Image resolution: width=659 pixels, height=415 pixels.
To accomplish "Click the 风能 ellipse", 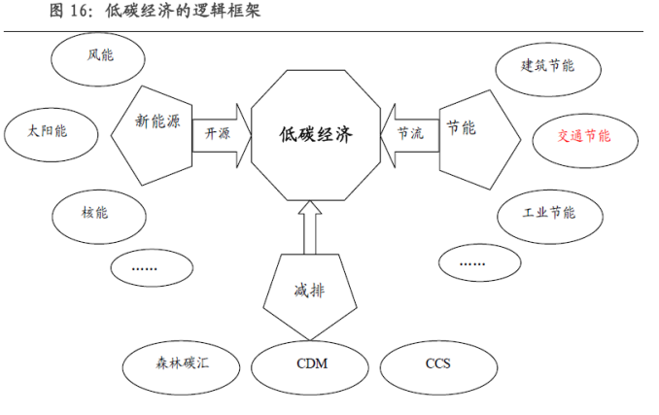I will (99, 56).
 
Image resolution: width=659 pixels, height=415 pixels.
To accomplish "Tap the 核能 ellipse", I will (95, 209).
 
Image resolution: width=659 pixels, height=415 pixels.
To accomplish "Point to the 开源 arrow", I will (219, 133).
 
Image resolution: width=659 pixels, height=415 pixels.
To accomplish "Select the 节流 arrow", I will (409, 133).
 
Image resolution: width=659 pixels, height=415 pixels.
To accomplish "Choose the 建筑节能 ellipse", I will (548, 66).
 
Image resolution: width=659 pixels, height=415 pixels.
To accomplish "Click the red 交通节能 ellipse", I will (584, 137).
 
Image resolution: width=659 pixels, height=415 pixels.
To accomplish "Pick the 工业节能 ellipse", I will (548, 213).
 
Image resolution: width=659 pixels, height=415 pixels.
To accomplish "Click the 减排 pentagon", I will (308, 290).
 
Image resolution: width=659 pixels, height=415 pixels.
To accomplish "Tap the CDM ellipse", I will (311, 365).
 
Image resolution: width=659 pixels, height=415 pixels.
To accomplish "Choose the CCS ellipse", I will (437, 365).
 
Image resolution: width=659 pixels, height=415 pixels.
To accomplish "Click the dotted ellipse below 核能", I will (149, 265).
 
